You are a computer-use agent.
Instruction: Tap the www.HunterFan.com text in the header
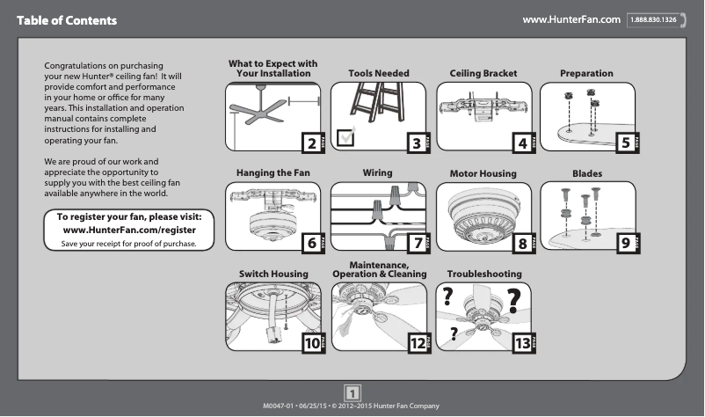[571, 19]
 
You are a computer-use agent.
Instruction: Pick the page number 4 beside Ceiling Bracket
[521, 143]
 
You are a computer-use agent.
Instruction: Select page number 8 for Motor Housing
[521, 243]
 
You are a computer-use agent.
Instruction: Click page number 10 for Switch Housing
[312, 344]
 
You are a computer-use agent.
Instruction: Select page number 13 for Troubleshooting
[521, 344]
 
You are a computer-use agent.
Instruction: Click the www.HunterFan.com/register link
[130, 230]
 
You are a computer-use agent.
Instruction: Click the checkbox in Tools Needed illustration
[346, 135]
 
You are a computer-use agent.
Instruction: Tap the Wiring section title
[377, 173]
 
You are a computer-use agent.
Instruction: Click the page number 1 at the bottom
[352, 392]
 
